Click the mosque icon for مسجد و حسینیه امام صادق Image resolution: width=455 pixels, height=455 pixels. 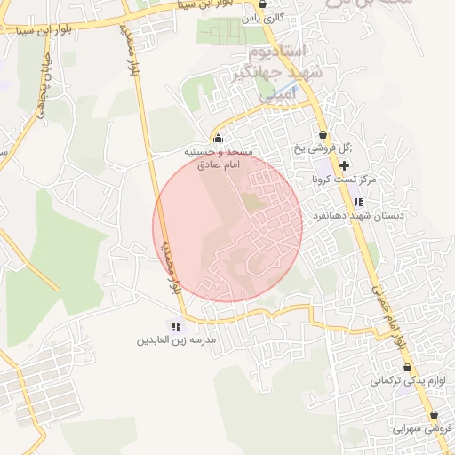pyautogui.click(x=219, y=139)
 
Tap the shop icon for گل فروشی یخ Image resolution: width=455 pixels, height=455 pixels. pyautogui.click(x=323, y=134)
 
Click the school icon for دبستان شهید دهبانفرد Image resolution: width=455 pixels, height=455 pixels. pyautogui.click(x=357, y=203)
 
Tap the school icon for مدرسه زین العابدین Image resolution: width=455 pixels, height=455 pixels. pyautogui.click(x=177, y=326)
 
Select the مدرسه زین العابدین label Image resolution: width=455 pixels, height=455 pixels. pyautogui.click(x=177, y=340)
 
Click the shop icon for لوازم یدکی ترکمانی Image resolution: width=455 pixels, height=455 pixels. pyautogui.click(x=407, y=367)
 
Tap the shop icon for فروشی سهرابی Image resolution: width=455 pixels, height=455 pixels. pyautogui.click(x=433, y=415)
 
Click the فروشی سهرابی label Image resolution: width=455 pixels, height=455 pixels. pyautogui.click(x=425, y=428)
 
